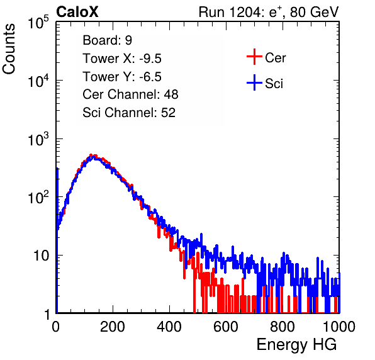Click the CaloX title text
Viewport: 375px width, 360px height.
click(x=77, y=12)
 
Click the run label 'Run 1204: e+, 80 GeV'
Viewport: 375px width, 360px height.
click(x=269, y=12)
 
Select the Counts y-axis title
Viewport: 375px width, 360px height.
click(x=9, y=49)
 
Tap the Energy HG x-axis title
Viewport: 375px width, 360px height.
click(x=296, y=345)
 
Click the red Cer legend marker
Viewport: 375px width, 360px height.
click(x=254, y=57)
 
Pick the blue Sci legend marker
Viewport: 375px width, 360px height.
click(x=254, y=83)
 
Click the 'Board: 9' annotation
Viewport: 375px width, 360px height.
click(x=108, y=40)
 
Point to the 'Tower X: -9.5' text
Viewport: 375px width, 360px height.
click(x=122, y=59)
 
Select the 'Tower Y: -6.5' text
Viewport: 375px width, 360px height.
click(x=122, y=77)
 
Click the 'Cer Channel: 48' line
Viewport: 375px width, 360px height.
click(x=130, y=94)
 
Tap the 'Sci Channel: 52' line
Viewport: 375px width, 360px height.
click(x=129, y=113)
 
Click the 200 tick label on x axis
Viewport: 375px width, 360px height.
click(x=113, y=327)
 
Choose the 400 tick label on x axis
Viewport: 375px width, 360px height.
click(x=169, y=327)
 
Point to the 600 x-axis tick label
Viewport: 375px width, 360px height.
click(x=226, y=327)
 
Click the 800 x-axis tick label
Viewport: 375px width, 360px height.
click(x=283, y=327)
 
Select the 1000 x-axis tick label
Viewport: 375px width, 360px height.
click(x=339, y=327)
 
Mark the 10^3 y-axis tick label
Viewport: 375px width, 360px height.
click(x=38, y=139)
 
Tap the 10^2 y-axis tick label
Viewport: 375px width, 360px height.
click(x=38, y=198)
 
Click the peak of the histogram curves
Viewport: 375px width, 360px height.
click(x=91, y=155)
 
